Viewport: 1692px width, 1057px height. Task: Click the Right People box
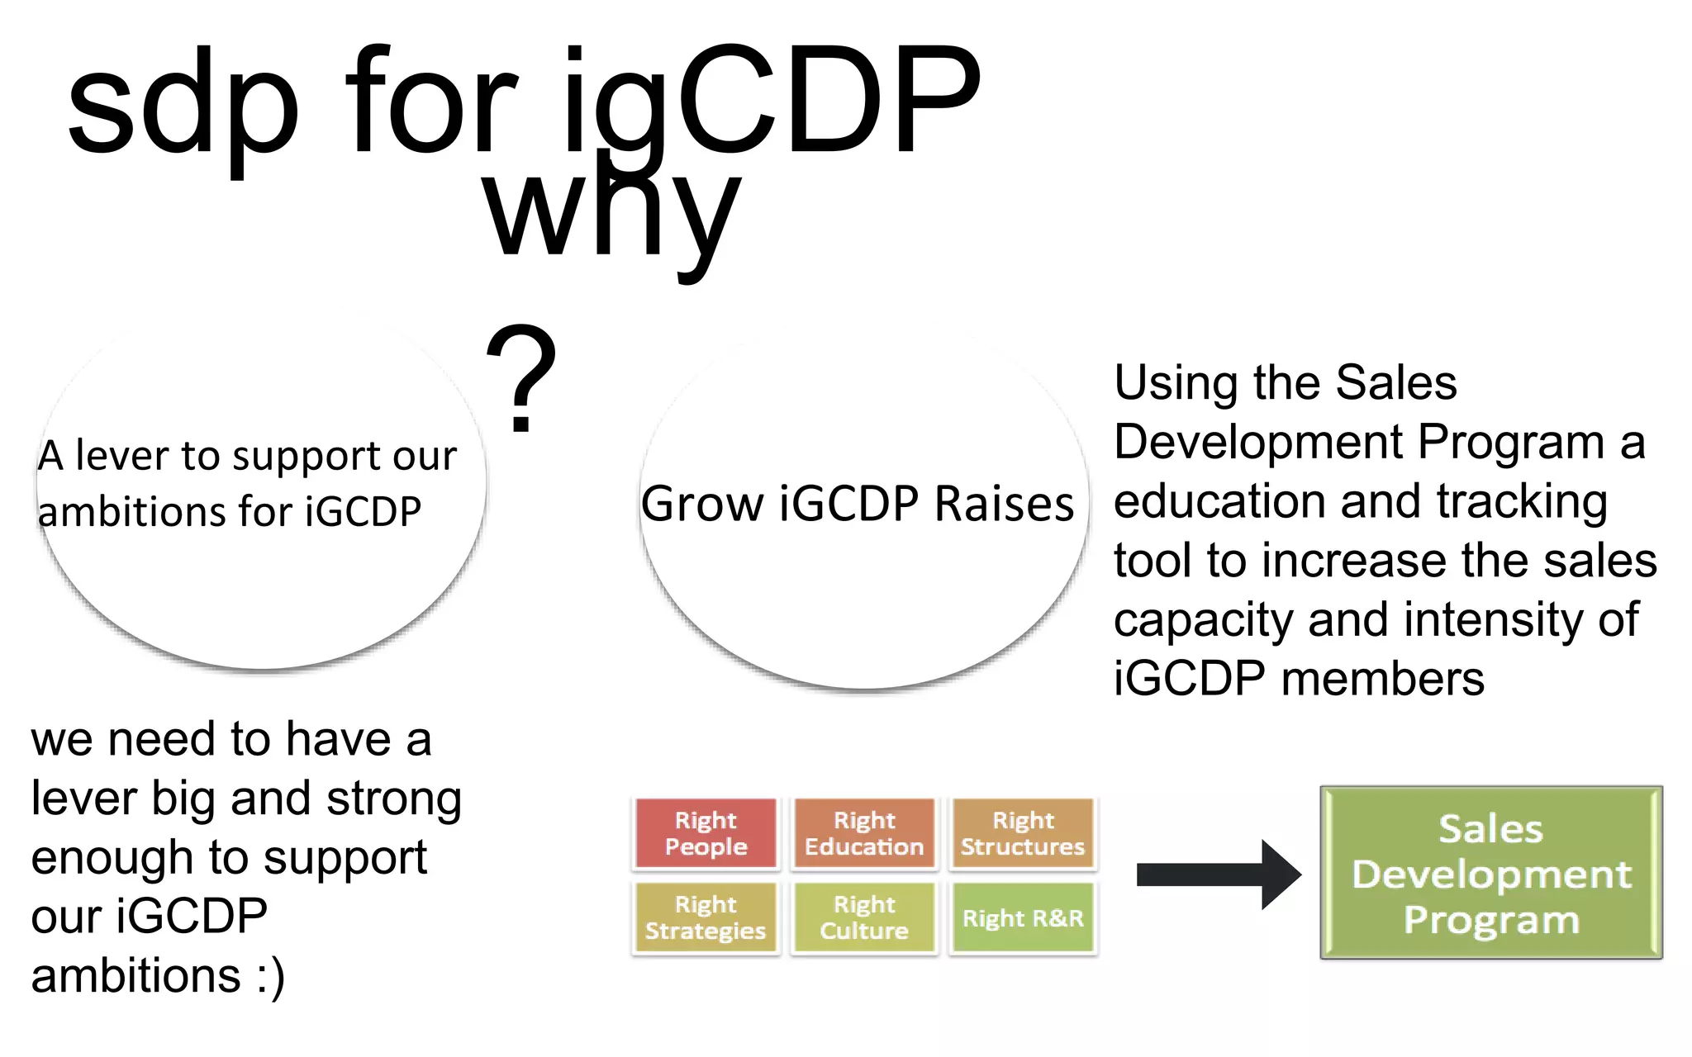point(706,833)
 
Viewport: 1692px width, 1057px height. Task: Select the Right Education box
point(864,833)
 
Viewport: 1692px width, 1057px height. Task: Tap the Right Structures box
point(1023,833)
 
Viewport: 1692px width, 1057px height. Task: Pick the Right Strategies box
point(706,917)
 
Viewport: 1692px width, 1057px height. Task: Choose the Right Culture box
point(864,917)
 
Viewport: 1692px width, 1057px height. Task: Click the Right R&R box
point(1023,917)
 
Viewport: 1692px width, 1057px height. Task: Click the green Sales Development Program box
point(1491,873)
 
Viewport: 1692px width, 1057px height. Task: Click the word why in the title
point(611,215)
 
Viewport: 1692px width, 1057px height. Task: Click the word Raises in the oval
point(1004,504)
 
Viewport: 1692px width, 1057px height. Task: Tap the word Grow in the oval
point(702,504)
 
